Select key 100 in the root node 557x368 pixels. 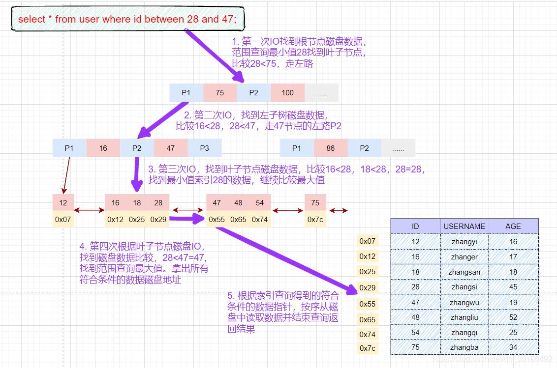(287, 93)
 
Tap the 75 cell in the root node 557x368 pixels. (219, 93)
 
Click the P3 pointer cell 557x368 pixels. (204, 148)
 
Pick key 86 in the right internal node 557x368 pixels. (331, 148)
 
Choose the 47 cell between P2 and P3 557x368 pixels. (170, 148)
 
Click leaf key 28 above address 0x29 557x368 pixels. (158, 202)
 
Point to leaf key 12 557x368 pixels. (63, 202)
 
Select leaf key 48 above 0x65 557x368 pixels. (238, 202)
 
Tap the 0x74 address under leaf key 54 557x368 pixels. (259, 219)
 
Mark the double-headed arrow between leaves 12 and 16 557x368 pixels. (89, 211)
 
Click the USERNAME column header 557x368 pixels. (464, 226)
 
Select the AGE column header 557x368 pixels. (513, 226)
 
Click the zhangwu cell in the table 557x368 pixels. (464, 303)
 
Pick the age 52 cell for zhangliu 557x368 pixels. (513, 317)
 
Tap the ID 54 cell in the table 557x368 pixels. (415, 333)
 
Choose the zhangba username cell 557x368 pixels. (464, 347)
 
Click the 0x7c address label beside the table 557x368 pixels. (367, 348)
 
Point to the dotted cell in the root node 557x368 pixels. (321, 93)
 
